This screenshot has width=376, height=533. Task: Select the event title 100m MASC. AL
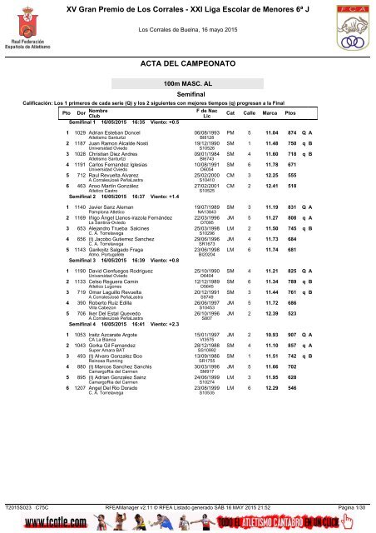coord(187,108)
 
